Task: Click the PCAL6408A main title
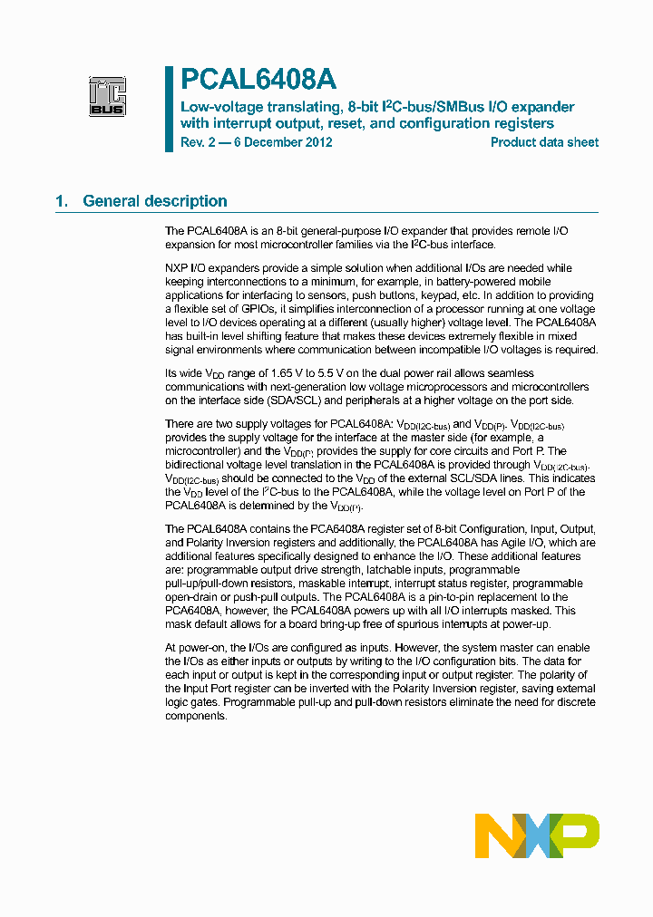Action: (258, 81)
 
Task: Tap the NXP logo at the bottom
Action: (537, 835)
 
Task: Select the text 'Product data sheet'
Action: (544, 142)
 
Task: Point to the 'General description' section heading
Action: (155, 201)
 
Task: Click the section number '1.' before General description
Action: (62, 201)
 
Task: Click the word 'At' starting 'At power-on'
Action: (171, 648)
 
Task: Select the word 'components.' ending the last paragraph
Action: (196, 716)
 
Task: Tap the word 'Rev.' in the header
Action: (193, 142)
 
